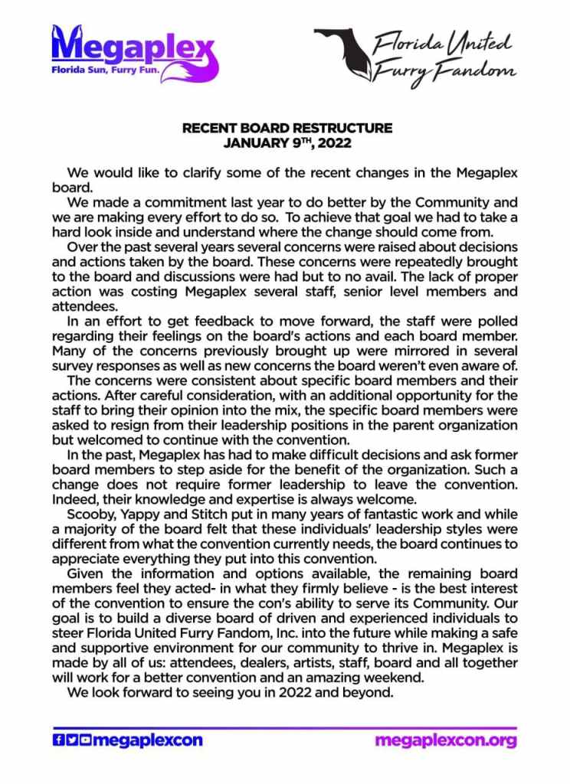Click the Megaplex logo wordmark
click(130, 47)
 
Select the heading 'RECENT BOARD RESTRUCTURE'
click(287, 129)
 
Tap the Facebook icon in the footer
click(57, 740)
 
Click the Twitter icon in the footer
click(71, 740)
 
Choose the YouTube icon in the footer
click(85, 740)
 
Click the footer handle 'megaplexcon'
click(147, 740)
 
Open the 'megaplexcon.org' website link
click(446, 740)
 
